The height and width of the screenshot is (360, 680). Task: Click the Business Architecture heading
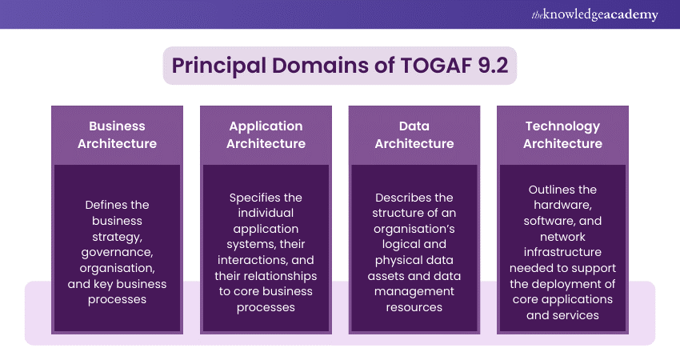click(x=117, y=135)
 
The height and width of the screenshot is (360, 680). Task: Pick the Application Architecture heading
click(x=266, y=135)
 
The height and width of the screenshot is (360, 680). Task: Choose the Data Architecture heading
click(x=414, y=135)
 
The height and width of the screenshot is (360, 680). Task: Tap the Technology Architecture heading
click(x=562, y=135)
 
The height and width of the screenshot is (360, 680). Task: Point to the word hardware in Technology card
click(x=562, y=205)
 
